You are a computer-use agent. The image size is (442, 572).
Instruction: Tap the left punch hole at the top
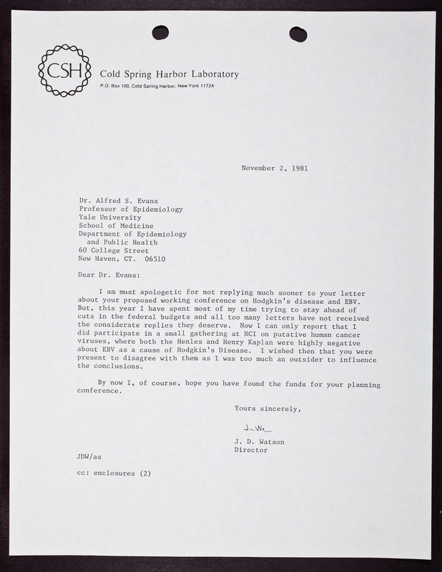(x=162, y=32)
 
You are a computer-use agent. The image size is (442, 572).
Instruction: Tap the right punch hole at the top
(x=298, y=33)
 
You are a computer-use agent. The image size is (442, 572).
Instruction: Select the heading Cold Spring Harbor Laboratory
(x=170, y=74)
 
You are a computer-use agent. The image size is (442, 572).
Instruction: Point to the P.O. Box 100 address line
(x=157, y=87)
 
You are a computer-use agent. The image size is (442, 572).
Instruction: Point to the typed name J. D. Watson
(x=260, y=442)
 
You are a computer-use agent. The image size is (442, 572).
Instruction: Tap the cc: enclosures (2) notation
(x=114, y=474)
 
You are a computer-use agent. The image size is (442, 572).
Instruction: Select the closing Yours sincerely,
(x=268, y=408)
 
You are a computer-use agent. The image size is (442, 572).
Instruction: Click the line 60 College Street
(x=114, y=250)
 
